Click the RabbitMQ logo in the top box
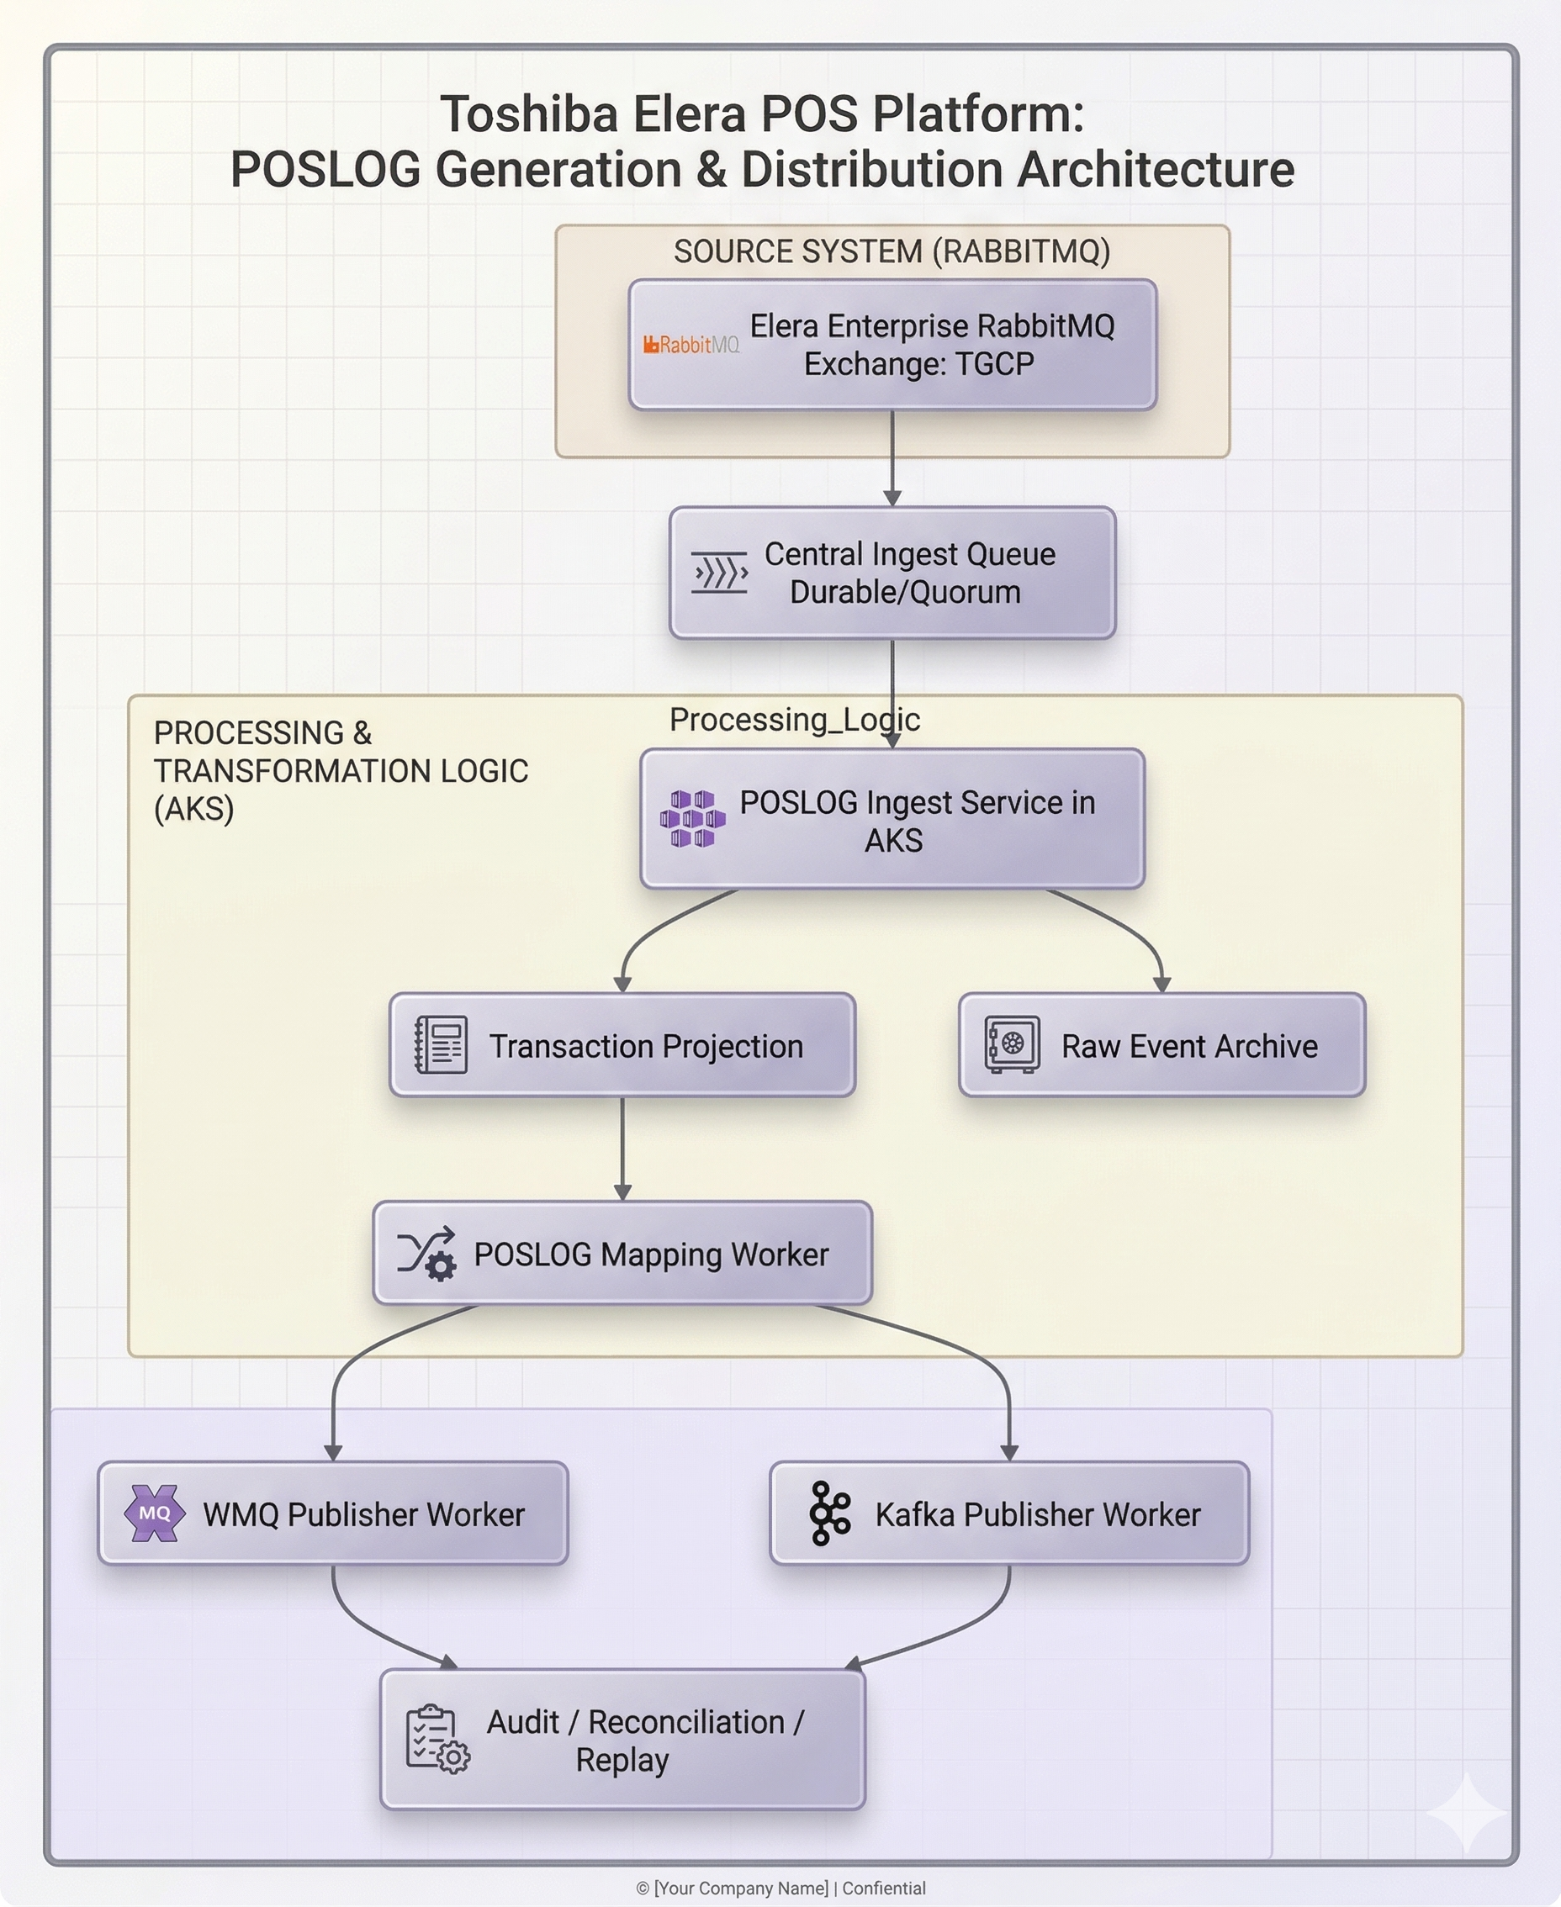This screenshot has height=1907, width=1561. pos(691,345)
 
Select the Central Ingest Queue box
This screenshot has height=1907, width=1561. pos(892,573)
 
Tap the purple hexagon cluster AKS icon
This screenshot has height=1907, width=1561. pos(692,819)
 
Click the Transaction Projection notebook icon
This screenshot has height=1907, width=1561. pos(441,1045)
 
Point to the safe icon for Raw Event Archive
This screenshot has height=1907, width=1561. pos(1013,1045)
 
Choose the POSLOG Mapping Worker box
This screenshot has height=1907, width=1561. pos(622,1253)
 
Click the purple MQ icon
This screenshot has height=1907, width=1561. pos(155,1513)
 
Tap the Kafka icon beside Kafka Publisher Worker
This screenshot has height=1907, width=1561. pos(829,1513)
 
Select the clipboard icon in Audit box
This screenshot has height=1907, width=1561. pos(437,1739)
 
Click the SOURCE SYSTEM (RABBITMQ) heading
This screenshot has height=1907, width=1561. pos(892,251)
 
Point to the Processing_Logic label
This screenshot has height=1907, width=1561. pos(795,719)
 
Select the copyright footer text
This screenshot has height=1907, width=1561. pos(780,1889)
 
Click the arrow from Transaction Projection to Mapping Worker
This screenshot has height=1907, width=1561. pos(622,1149)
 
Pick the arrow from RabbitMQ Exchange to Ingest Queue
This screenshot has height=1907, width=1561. pos(892,458)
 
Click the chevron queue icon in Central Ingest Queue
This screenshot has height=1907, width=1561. pos(719,573)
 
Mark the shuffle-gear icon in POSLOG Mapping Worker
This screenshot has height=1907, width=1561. pos(426,1253)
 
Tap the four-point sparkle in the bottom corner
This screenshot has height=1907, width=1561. pos(1466,1811)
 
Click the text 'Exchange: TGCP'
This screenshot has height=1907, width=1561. pos(919,364)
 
